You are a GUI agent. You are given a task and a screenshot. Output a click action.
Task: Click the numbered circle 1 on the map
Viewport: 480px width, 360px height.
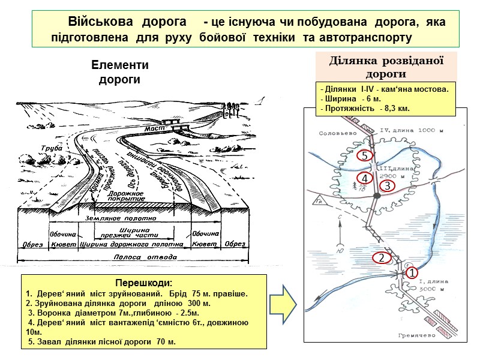(x=412, y=273)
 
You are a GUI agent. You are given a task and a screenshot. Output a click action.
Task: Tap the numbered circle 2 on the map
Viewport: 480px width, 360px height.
(x=380, y=258)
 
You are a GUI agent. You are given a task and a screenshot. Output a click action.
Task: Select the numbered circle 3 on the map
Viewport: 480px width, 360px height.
(x=387, y=186)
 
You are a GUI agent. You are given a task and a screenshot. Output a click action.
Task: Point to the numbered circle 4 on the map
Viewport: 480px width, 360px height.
(x=365, y=179)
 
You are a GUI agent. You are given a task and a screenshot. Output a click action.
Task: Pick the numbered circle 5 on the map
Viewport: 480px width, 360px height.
(x=365, y=155)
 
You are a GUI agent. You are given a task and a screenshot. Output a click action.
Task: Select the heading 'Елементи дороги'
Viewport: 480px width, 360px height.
(x=119, y=71)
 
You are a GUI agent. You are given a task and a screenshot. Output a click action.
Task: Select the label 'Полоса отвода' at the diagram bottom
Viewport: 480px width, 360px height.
(x=131, y=256)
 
